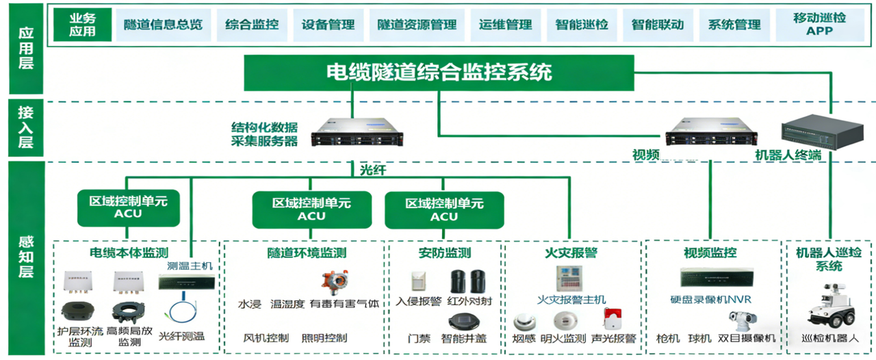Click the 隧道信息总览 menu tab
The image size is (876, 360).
(x=164, y=25)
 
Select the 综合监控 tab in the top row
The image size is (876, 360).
(x=252, y=25)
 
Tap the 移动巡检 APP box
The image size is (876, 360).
(x=819, y=25)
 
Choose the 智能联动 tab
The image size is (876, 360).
(x=658, y=25)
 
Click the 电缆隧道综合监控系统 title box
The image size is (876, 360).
(x=439, y=73)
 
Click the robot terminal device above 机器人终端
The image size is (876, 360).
(x=814, y=131)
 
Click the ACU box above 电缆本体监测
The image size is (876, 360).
(x=129, y=207)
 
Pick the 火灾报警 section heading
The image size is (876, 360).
(x=571, y=253)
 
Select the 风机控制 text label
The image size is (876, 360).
(x=266, y=337)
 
